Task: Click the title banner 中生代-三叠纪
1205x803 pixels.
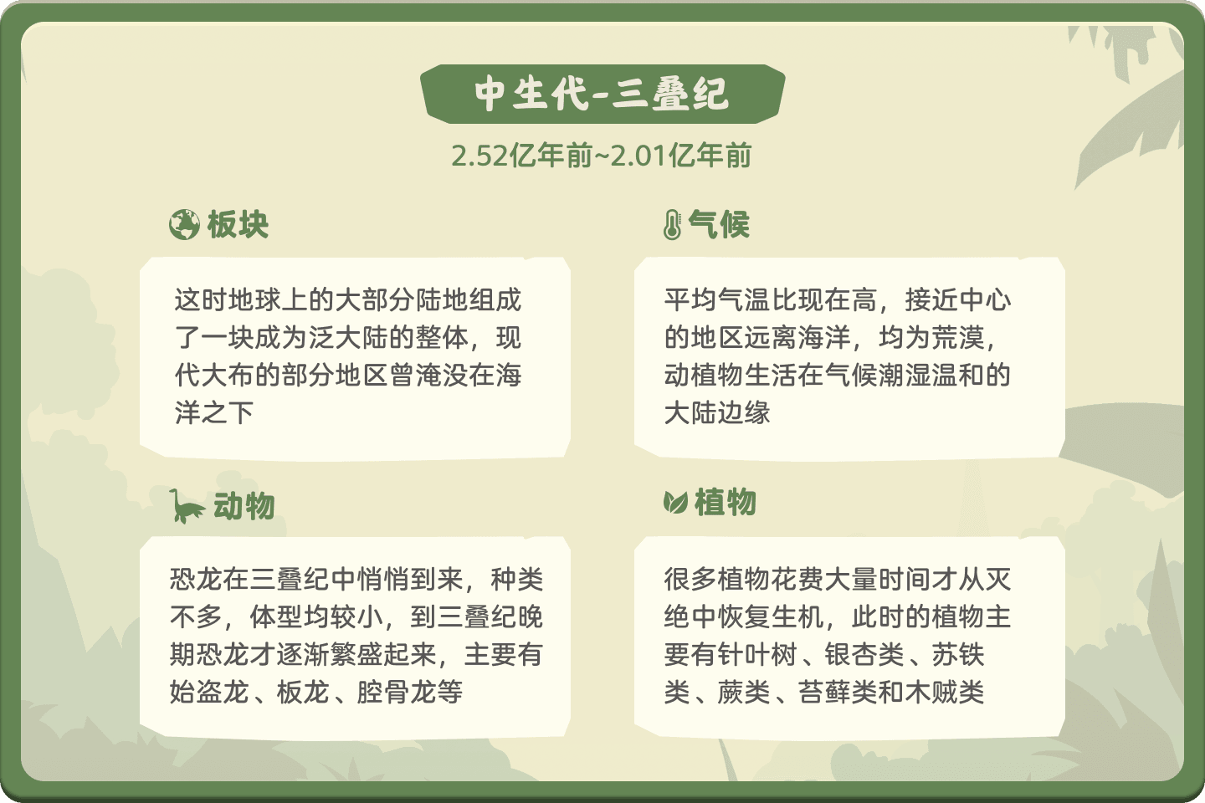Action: click(602, 95)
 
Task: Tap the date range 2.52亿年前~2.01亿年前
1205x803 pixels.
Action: click(602, 156)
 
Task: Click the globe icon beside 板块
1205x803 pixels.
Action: click(184, 224)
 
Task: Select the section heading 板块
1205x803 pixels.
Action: click(238, 224)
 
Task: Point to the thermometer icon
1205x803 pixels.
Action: click(672, 224)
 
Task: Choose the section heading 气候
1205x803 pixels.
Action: click(720, 224)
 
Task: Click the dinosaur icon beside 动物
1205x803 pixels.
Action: click(187, 506)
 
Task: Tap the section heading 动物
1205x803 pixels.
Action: click(244, 506)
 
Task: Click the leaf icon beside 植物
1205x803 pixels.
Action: click(675, 503)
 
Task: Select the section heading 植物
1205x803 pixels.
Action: click(726, 503)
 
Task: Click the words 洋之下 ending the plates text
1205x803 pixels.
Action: click(214, 412)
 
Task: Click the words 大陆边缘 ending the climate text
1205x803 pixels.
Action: click(717, 412)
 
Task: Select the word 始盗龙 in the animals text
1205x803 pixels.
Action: click(209, 692)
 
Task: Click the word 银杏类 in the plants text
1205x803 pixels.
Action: click(864, 655)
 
